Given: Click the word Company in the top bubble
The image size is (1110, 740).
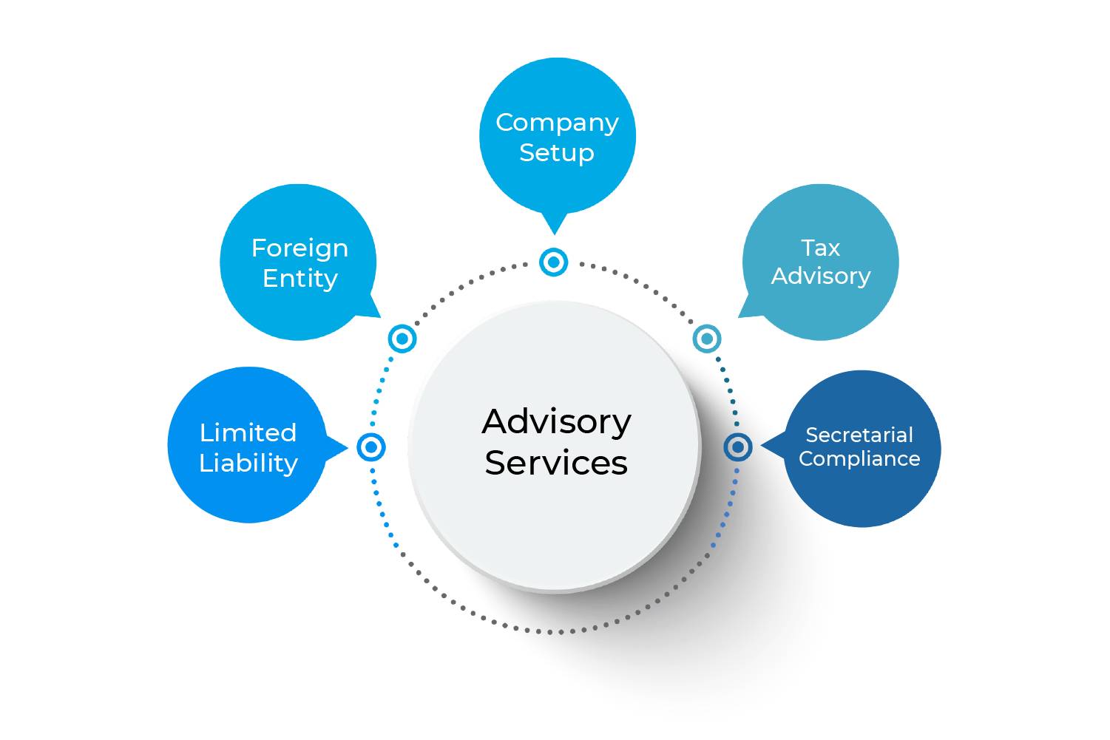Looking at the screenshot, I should [x=557, y=123].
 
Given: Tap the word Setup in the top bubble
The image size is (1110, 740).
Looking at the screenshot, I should [x=557, y=153].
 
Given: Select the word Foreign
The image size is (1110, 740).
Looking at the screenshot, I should [x=300, y=248].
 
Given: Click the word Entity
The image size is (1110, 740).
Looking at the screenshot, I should [x=300, y=279].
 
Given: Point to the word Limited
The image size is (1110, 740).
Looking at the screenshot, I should [x=248, y=432].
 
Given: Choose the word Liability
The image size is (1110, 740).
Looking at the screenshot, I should [x=248, y=463].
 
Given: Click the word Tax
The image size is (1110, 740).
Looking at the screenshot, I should [x=820, y=248].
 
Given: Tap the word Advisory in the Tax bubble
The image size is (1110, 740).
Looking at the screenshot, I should [x=821, y=276].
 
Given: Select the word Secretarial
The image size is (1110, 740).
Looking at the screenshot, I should [x=859, y=435].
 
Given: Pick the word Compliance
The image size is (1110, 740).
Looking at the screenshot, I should [x=859, y=459].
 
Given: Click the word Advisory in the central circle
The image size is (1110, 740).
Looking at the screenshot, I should [x=557, y=422].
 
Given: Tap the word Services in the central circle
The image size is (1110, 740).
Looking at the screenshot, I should [x=556, y=464].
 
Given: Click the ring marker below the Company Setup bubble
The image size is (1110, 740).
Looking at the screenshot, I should [x=554, y=262].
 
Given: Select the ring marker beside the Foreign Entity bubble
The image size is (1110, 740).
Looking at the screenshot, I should [x=402, y=339].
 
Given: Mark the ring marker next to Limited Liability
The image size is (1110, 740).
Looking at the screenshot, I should [x=371, y=447].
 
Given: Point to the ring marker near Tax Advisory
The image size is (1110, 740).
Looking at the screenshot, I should [x=707, y=339].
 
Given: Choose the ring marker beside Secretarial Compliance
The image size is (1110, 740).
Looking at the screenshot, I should [x=737, y=447].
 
